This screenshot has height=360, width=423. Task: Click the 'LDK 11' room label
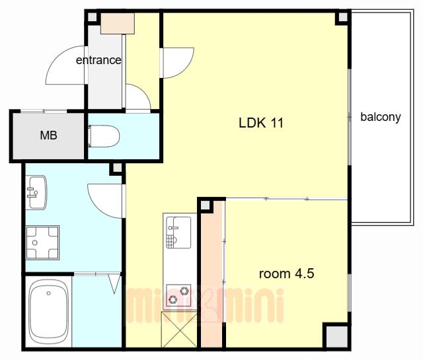[x=261, y=123]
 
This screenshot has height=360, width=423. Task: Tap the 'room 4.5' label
[x=286, y=273]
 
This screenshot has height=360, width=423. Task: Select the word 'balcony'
[x=381, y=117]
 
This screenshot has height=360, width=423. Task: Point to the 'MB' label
[x=48, y=135]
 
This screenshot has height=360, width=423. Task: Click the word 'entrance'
[x=98, y=60]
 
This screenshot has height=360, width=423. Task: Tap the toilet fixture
[x=104, y=136]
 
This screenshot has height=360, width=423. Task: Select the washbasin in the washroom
[x=36, y=192]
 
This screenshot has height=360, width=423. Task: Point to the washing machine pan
[x=42, y=242]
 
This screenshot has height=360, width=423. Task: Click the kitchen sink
[x=178, y=232]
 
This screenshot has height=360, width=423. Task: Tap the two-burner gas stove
[x=178, y=295]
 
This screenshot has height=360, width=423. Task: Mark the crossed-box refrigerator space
[x=179, y=330]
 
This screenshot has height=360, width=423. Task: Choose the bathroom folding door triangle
[x=114, y=283]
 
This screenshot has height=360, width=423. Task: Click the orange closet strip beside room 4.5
[x=212, y=274]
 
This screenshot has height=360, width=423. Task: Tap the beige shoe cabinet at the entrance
[x=118, y=24]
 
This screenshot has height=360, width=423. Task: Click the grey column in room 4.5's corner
[x=336, y=336]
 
